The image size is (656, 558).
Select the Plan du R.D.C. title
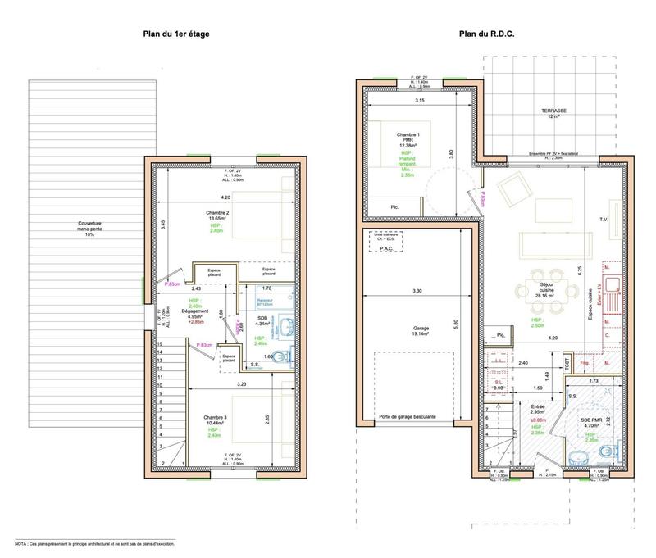pos(490,34)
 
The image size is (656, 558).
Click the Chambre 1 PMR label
pos(408,139)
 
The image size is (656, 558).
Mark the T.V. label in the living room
pos(604,220)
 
